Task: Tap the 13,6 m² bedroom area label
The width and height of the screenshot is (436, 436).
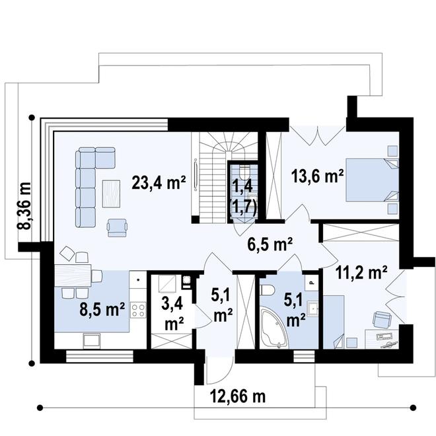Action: point(318,176)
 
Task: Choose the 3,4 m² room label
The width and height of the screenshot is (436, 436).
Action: point(174,314)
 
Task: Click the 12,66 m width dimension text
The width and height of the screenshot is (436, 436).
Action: point(238,397)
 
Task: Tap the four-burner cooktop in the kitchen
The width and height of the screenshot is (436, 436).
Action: point(138,310)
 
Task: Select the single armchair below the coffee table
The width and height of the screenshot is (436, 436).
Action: point(118,227)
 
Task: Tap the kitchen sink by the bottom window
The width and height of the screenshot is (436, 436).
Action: point(89,340)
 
